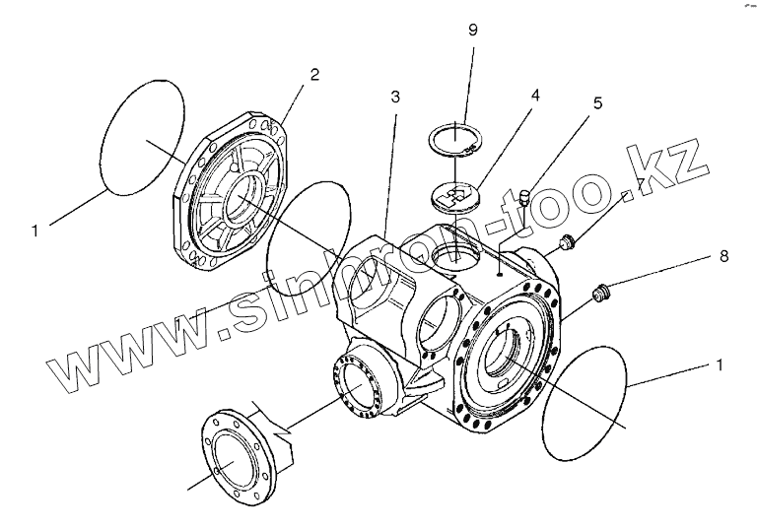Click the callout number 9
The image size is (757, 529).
pos(473,30)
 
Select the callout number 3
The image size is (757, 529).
pos(394,98)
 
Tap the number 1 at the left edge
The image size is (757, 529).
pos(34,231)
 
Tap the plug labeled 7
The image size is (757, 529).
pos(567,240)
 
